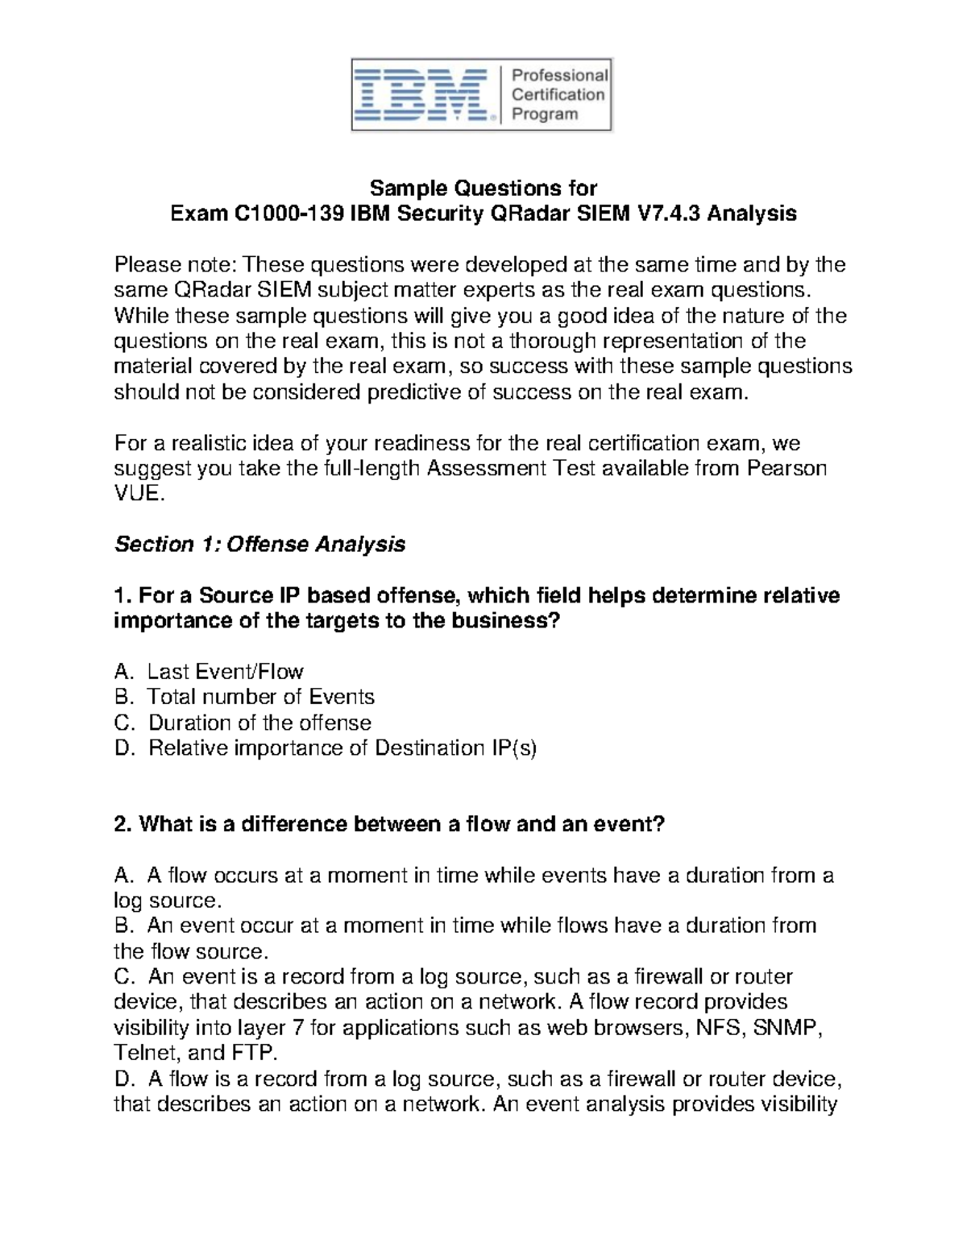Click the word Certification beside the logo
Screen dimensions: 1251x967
(x=558, y=94)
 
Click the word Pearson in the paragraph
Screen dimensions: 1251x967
(x=787, y=468)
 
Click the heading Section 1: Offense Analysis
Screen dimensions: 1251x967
(x=259, y=545)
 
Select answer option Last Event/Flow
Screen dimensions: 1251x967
(x=225, y=671)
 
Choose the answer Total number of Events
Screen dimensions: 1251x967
(x=260, y=697)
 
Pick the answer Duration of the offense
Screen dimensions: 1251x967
(x=259, y=723)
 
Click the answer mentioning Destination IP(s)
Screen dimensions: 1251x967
(x=342, y=748)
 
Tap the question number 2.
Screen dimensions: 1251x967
(x=122, y=824)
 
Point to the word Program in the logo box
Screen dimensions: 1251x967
(x=545, y=114)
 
